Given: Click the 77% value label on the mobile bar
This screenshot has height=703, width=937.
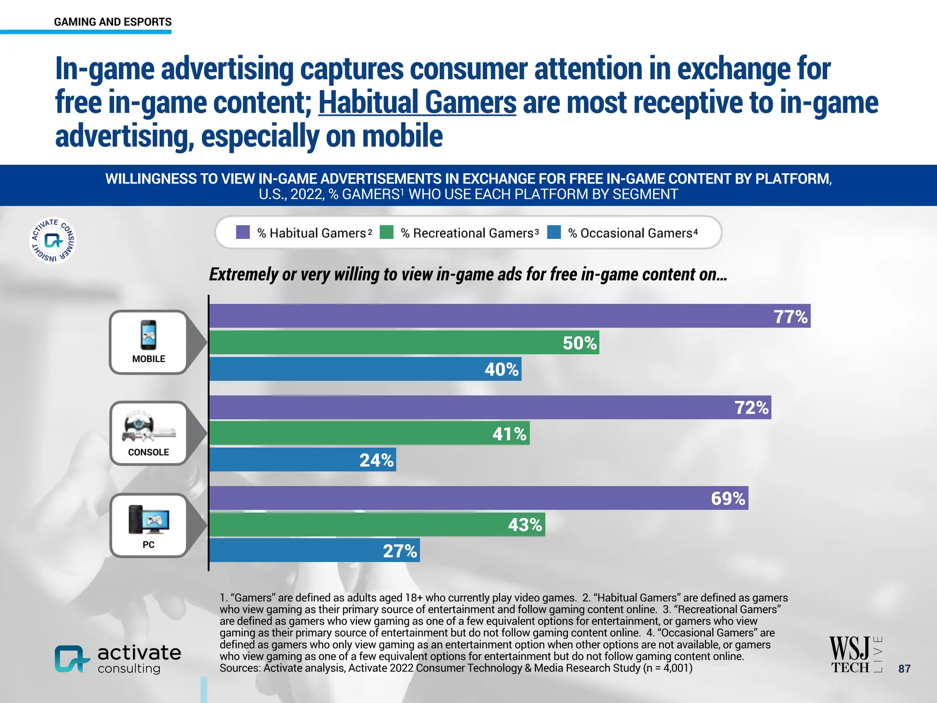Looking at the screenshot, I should click(790, 317).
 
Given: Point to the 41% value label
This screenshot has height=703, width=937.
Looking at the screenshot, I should click(509, 434).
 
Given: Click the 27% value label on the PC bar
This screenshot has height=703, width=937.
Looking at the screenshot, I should click(400, 551).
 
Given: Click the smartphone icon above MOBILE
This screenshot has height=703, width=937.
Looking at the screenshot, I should click(148, 335).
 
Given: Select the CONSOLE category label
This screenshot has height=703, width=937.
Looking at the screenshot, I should click(148, 452).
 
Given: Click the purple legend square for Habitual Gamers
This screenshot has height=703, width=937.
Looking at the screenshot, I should click(243, 232).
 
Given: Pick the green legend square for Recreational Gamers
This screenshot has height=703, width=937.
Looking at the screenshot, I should click(387, 232).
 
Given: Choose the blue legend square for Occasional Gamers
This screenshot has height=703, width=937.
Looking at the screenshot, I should click(554, 232).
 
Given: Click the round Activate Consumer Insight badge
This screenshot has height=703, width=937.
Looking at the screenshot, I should click(53, 240).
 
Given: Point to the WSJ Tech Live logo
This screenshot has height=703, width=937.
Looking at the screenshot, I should click(855, 654).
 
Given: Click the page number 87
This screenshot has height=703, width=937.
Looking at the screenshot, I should click(904, 669).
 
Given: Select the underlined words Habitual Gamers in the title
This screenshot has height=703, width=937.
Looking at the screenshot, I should click(417, 103).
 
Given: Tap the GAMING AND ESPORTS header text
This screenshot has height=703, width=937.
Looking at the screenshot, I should click(113, 22).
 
